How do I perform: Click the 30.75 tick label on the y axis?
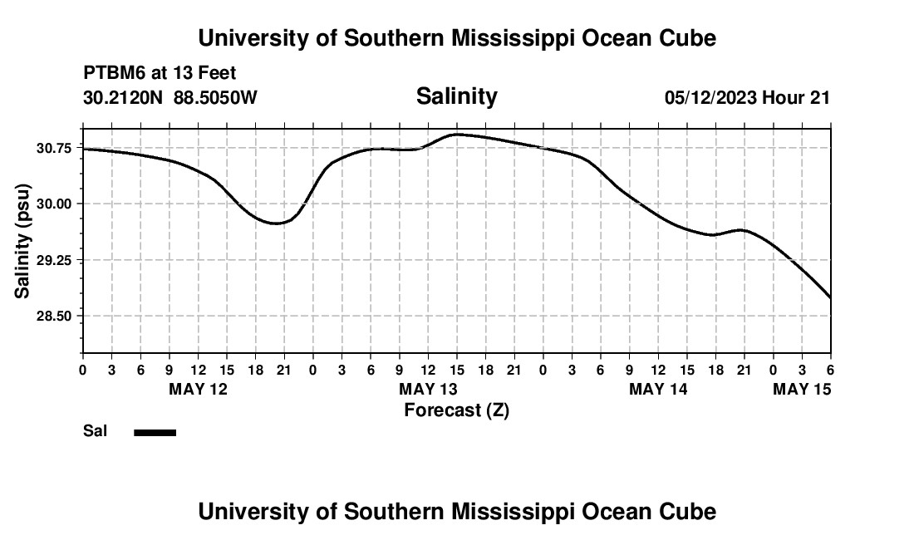(54, 148)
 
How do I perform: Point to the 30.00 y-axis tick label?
(54, 204)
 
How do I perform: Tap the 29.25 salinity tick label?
(54, 261)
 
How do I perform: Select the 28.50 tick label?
(54, 317)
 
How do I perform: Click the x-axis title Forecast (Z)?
(456, 410)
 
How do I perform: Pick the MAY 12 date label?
(199, 389)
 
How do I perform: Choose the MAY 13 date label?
(428, 389)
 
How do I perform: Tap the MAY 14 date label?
(658, 389)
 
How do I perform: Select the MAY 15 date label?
(802, 389)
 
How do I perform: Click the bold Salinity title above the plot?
(456, 96)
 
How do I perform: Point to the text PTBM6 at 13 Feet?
(160, 73)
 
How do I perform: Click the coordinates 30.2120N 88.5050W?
(170, 98)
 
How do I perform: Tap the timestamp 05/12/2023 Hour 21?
(747, 98)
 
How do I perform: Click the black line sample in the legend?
(155, 432)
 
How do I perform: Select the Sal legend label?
(95, 431)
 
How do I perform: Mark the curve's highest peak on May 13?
(457, 134)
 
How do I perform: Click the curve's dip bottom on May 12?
(277, 223)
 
